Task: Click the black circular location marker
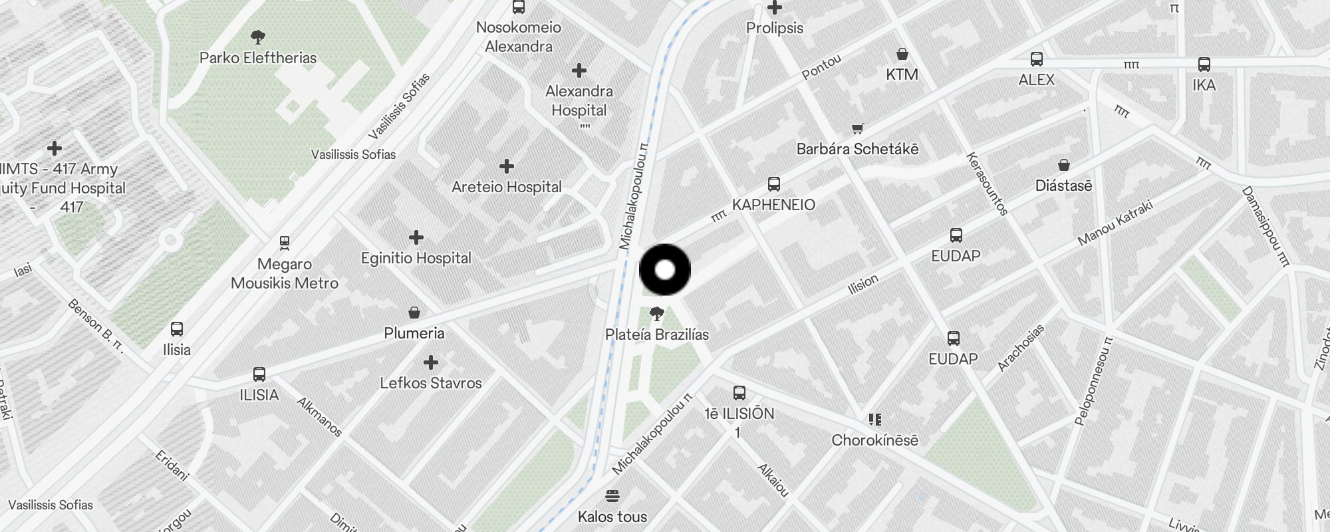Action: tap(665, 270)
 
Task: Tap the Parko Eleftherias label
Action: tap(258, 58)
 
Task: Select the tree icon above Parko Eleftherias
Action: tap(258, 37)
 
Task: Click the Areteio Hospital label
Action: tap(507, 187)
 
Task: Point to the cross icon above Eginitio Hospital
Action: tap(416, 237)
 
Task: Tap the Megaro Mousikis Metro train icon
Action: tap(285, 243)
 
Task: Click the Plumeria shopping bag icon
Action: tap(414, 313)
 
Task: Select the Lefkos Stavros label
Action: tap(431, 383)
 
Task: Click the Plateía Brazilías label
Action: tap(657, 334)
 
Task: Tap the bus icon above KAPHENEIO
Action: tap(773, 184)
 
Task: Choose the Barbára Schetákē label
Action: tap(857, 149)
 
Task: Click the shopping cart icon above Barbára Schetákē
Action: tap(857, 129)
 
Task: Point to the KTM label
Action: tap(902, 74)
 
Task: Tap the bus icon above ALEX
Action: tap(1036, 59)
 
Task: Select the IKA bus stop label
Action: tap(1204, 85)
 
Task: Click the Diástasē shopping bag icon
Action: tap(1063, 165)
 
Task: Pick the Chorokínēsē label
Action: tap(874, 440)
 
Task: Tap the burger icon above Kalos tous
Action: tap(612, 496)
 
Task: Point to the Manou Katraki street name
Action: tap(1115, 222)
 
